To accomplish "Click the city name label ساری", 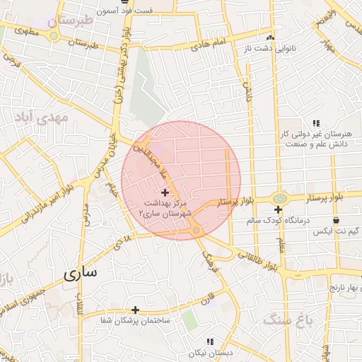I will click(83, 273).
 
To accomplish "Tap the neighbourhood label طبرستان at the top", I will click(71, 21).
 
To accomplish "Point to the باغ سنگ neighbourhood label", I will click(288, 320).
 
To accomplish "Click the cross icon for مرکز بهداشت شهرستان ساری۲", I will click(165, 192).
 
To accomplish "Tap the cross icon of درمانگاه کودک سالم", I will click(279, 210).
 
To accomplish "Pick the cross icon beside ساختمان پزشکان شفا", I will click(135, 310).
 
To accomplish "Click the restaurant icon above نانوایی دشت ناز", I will click(269, 38).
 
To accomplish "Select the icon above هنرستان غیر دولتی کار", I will click(315, 122).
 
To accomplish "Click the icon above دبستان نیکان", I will click(209, 341).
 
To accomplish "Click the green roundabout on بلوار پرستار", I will click(279, 199).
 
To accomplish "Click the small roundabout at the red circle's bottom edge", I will click(195, 231).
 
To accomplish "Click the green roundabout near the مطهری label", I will click(54, 35).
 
